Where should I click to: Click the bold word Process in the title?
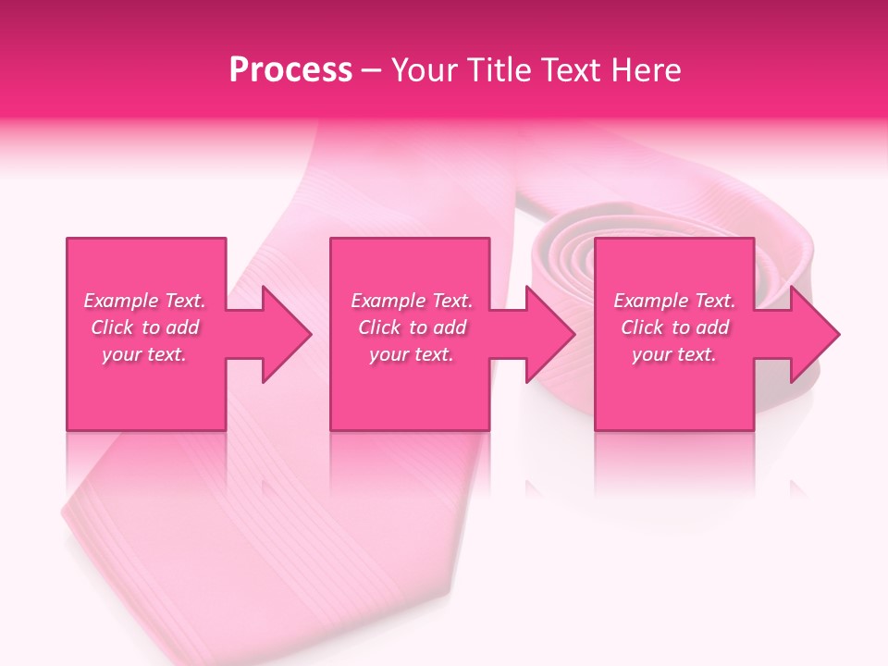point(290,70)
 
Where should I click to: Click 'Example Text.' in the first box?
point(145,301)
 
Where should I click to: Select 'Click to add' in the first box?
point(145,327)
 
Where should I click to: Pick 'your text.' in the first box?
point(145,354)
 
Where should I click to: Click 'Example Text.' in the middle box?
point(412,301)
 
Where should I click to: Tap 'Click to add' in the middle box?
point(412,327)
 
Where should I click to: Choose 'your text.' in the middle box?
point(412,354)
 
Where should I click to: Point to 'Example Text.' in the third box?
point(674,301)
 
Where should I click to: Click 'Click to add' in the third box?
point(674,327)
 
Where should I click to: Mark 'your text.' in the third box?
point(674,354)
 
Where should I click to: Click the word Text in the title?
point(572,70)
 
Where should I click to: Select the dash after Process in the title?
point(371,70)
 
